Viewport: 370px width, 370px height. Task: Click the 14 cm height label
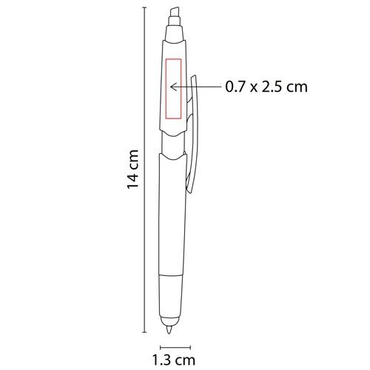(x=132, y=169)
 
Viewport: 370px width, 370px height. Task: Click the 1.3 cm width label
(x=174, y=360)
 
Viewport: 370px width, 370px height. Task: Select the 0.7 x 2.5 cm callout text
(x=266, y=87)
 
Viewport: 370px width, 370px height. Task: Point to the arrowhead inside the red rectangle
(x=173, y=87)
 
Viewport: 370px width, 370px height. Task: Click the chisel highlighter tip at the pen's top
(x=175, y=16)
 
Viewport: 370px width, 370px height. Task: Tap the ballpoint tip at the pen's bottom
(x=169, y=329)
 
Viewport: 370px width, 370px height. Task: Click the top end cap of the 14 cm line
(x=144, y=7)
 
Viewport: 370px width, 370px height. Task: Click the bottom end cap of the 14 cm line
(x=144, y=332)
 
